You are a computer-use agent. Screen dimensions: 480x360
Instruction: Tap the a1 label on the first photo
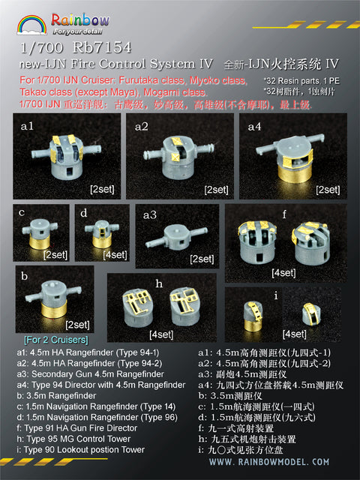tap(28, 127)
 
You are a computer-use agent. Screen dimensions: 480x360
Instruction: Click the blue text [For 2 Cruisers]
tap(47, 337)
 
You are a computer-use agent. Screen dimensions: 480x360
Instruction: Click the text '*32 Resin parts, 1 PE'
tap(302, 100)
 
